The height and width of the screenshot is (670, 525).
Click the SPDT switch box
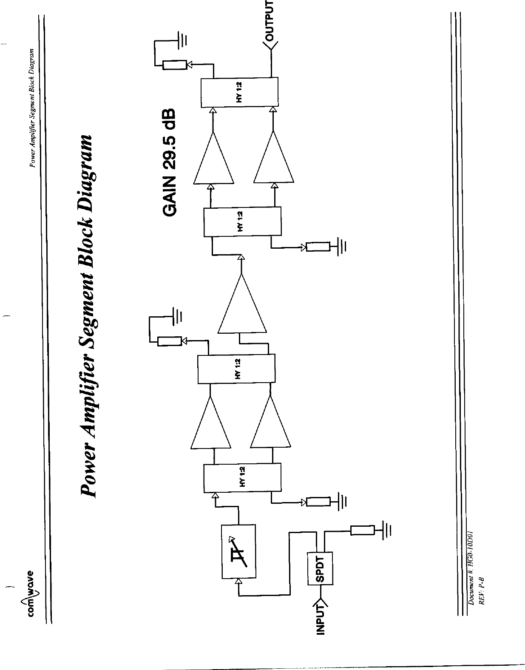(320, 568)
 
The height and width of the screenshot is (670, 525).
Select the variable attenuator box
(238, 551)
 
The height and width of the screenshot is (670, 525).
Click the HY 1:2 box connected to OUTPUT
(240, 92)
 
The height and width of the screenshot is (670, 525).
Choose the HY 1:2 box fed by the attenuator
(242, 478)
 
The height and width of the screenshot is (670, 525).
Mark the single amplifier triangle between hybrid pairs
(242, 304)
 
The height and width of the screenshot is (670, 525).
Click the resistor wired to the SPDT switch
(363, 530)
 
